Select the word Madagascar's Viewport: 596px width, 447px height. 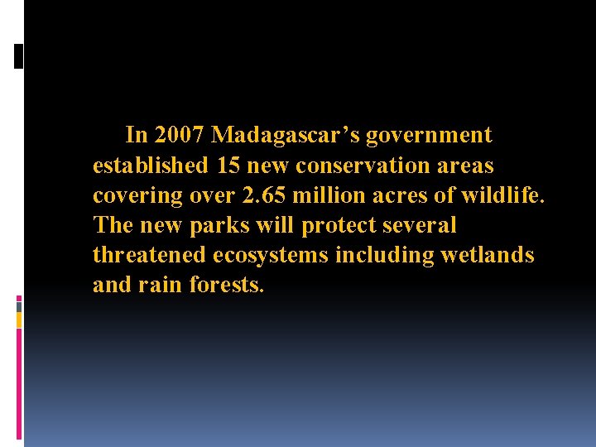(x=285, y=134)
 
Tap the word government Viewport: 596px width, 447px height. (x=429, y=134)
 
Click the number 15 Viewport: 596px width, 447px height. (x=228, y=165)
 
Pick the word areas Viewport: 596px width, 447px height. (x=465, y=165)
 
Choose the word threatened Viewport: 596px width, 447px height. (x=150, y=255)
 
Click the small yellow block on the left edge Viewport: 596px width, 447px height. (x=19, y=320)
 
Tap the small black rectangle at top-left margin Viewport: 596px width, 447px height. (x=18, y=55)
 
